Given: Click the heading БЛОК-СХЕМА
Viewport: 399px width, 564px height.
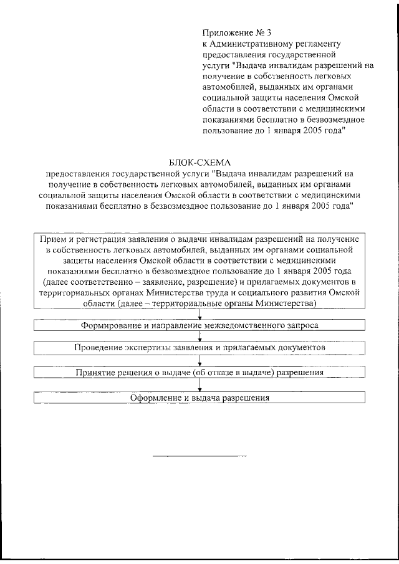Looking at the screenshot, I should (199, 163).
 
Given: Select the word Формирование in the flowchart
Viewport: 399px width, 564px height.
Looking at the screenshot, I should (108, 326).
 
